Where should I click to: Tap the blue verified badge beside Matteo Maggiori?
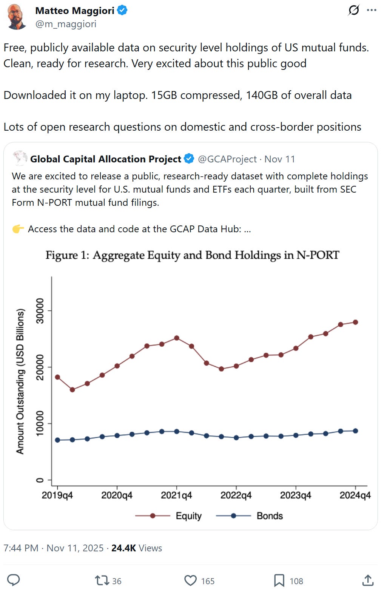[122, 11]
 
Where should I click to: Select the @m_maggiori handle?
[66, 24]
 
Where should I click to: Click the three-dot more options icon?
[372, 10]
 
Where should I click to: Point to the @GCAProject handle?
[227, 159]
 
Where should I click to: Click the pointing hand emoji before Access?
[18, 229]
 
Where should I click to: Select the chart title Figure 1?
[192, 255]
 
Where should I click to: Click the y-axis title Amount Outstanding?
[20, 381]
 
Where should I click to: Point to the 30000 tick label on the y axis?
[40, 311]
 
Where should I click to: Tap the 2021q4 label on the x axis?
[176, 495]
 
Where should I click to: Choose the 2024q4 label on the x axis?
[355, 495]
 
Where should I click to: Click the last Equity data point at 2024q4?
[355, 322]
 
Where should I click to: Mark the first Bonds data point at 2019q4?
[57, 440]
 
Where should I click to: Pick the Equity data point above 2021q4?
[176, 338]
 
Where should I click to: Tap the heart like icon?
[190, 580]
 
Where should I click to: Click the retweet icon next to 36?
[102, 580]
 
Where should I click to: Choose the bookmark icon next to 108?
[279, 580]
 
